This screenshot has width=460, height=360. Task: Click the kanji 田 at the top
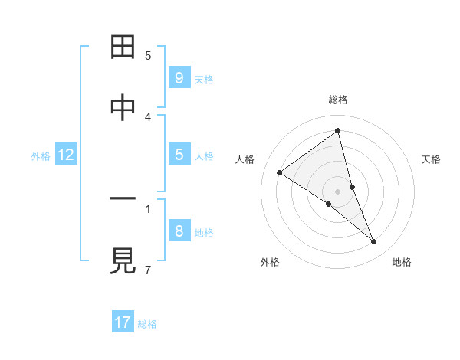123,48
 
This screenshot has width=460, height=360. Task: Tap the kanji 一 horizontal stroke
123,200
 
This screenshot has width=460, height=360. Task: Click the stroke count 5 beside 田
148,55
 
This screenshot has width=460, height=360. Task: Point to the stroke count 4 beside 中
148,116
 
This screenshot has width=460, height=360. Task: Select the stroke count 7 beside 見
148,270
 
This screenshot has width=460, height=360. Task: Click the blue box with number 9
179,78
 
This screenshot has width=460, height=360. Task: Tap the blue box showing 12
65,155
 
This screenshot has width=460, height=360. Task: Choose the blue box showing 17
123,322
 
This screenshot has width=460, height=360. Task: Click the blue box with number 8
179,231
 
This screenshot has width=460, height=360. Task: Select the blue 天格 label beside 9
204,79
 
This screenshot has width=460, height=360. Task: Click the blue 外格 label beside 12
41,155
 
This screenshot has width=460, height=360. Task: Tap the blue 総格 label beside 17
147,323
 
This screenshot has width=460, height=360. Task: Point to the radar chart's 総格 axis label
338,100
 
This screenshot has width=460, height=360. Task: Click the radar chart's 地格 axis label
402,262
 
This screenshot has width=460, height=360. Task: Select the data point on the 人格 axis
280,172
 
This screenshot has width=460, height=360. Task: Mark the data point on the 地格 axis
374,241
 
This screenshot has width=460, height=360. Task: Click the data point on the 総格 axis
338,131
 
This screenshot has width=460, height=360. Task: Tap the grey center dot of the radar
338,191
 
